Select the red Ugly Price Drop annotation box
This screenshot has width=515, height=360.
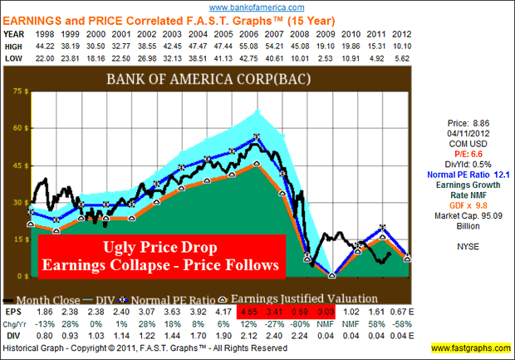click(159, 255)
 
